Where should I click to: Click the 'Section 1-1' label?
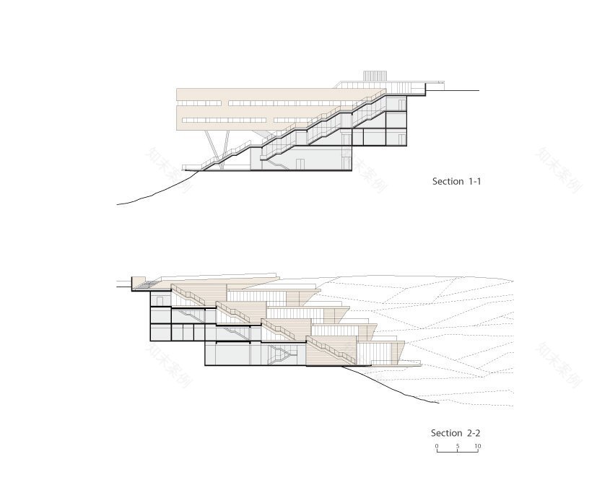(456, 182)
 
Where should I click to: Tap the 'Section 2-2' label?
(456, 433)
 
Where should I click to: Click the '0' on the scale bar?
(437, 446)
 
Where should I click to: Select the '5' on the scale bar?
(458, 446)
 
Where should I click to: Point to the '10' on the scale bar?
(477, 446)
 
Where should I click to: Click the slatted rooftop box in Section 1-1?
(375, 76)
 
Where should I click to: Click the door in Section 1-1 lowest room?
(300, 164)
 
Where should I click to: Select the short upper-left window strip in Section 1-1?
(199, 103)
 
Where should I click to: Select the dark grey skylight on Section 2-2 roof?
(147, 284)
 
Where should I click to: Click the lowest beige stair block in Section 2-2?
(331, 351)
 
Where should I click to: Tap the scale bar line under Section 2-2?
(457, 451)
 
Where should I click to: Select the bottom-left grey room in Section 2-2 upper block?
(161, 332)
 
